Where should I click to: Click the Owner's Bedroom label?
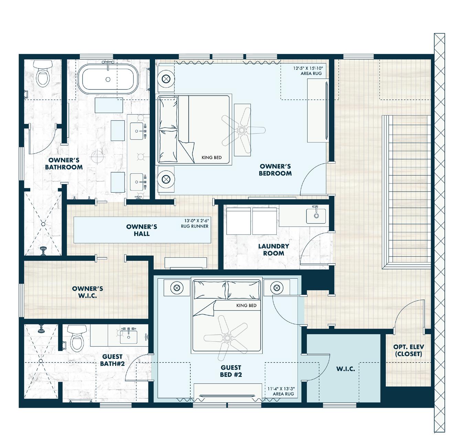275,170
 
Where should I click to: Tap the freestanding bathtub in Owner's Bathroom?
108,79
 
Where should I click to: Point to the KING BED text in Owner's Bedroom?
211,158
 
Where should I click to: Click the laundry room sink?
315,215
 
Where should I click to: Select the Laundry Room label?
273,249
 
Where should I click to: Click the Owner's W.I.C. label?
87,292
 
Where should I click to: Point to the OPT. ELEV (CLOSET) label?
408,350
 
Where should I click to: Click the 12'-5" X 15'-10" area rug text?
307,71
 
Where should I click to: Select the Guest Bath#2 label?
112,360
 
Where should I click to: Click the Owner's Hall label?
141,230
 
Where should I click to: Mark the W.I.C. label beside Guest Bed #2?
345,369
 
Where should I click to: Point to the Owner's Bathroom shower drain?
43,224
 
